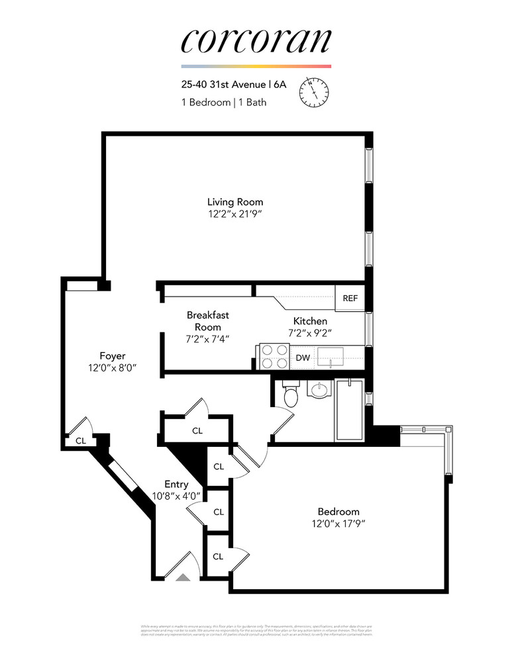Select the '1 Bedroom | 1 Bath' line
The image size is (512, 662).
pyautogui.click(x=225, y=102)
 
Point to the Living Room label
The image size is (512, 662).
pyautogui.click(x=234, y=202)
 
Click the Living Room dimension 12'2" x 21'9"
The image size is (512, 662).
pyautogui.click(x=234, y=214)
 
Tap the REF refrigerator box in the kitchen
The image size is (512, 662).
pyautogui.click(x=350, y=299)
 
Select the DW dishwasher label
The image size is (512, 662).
pyautogui.click(x=303, y=358)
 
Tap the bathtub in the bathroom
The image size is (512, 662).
pyautogui.click(x=349, y=410)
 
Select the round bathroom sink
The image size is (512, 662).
pyautogui.click(x=319, y=389)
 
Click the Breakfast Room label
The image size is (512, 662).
pyautogui.click(x=207, y=321)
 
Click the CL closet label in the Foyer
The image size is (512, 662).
pyautogui.click(x=80, y=440)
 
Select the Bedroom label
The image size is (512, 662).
pyautogui.click(x=338, y=512)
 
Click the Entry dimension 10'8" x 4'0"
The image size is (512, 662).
pyautogui.click(x=176, y=496)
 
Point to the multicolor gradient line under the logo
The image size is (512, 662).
pyautogui.click(x=256, y=67)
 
